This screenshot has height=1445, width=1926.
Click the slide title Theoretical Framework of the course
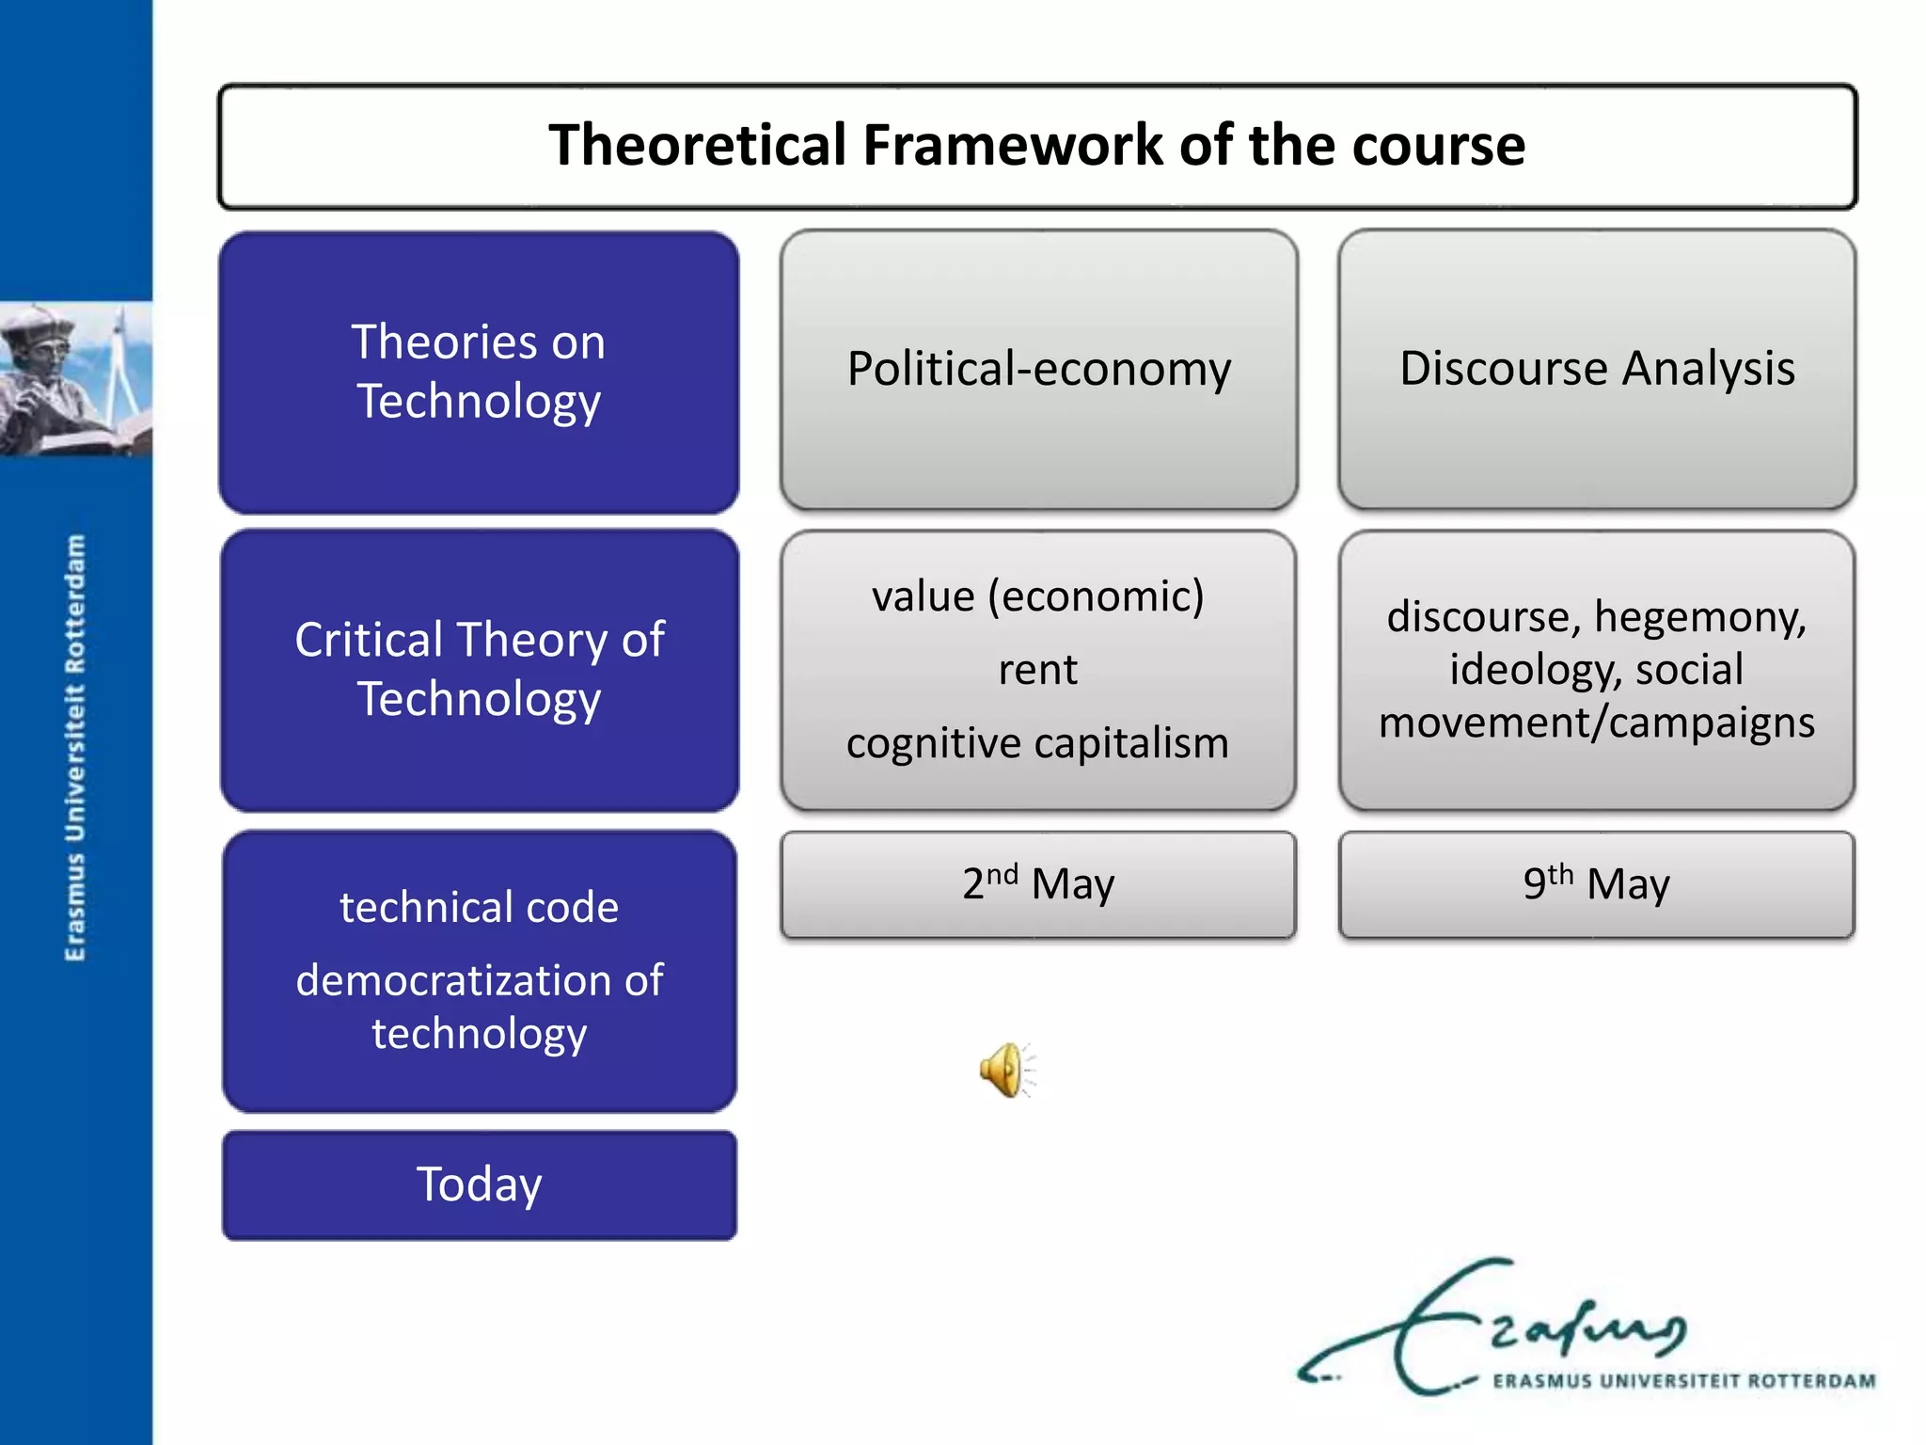[x=1036, y=146]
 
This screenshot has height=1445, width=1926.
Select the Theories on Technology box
[x=479, y=372]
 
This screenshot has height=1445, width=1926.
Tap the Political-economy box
[x=1038, y=369]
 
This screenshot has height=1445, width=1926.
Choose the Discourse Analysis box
[x=1597, y=369]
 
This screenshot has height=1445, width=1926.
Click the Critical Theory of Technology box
[x=479, y=669]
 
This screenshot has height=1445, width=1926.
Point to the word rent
[x=1037, y=670]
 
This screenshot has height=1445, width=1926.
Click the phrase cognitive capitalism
[x=1037, y=743]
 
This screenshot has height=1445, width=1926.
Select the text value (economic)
[x=1037, y=596]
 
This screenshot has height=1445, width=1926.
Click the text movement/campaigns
[x=1597, y=722]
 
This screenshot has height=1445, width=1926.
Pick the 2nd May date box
[x=1038, y=884]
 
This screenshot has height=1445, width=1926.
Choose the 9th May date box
[x=1597, y=884]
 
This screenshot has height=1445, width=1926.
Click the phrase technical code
[x=479, y=908]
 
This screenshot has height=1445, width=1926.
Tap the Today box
[x=479, y=1184]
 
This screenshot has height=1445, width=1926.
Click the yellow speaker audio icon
[x=1004, y=1070]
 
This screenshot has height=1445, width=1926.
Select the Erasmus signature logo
[x=1505, y=1326]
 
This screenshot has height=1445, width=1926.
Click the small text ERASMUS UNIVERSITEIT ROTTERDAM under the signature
[x=1683, y=1381]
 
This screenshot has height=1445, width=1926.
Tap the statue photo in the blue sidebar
[x=75, y=378]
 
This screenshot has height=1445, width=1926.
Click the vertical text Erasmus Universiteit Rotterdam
[x=75, y=748]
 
